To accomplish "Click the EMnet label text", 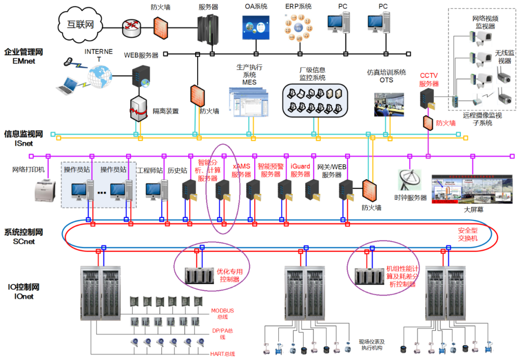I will coord(23,61).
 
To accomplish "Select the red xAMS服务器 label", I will coord(241,170).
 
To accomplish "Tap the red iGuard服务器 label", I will coord(300,170).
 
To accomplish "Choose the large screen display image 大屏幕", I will coord(472,188).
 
